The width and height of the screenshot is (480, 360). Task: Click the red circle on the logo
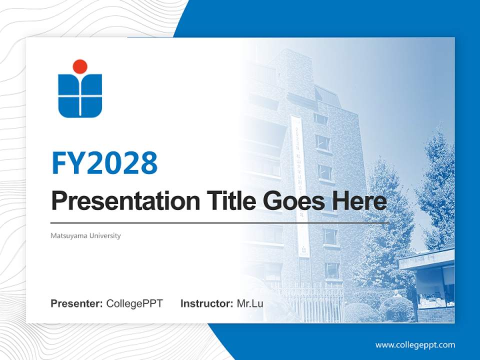[x=80, y=66]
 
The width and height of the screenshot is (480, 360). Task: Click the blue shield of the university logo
[x=80, y=96]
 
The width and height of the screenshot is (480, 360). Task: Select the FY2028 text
[x=104, y=162]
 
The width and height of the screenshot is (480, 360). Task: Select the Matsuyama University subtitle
[x=85, y=235]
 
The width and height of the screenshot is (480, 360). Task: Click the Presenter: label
[x=77, y=303]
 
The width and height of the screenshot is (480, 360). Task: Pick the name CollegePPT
[x=134, y=303]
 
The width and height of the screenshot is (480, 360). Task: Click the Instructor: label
[x=206, y=303]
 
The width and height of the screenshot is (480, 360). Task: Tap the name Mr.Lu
[x=250, y=303]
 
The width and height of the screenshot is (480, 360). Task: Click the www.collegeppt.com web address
[x=415, y=345]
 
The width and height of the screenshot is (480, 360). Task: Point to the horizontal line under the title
[x=220, y=223]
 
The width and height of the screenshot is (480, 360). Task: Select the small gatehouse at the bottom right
[x=430, y=285]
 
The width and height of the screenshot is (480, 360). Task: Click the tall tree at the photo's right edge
[x=437, y=190]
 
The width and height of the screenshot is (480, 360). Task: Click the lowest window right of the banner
[x=331, y=270]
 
